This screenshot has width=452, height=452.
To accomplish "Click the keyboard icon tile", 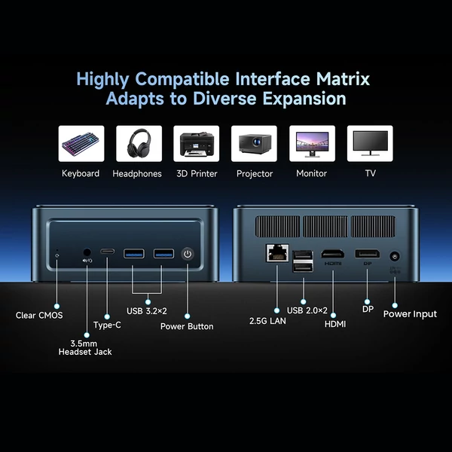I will [81, 143].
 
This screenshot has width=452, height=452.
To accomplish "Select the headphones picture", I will [139, 143].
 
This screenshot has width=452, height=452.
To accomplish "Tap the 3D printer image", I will [196, 143].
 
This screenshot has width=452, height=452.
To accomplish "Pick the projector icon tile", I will [254, 143].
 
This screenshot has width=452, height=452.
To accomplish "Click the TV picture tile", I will [369, 143].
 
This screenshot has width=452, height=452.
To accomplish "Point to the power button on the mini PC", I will [188, 254].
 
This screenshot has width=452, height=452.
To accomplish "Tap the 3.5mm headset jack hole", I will [88, 254].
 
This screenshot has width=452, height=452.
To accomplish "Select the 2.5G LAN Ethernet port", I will [276, 253].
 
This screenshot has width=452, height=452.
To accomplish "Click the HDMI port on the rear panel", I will [332, 254].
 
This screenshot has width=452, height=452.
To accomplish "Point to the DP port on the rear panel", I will [367, 254].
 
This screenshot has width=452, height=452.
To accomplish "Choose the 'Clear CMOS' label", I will [39, 315].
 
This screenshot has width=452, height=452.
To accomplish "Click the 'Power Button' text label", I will [187, 326].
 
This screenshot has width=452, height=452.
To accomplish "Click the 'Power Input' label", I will [410, 313].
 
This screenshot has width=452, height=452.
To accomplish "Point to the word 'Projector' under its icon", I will [254, 173].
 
